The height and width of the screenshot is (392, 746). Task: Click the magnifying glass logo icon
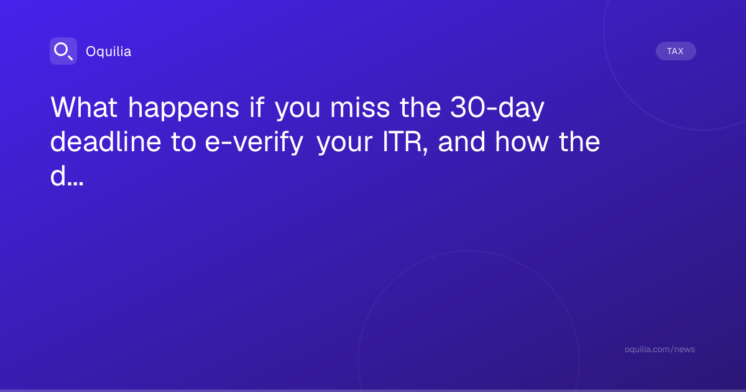63,51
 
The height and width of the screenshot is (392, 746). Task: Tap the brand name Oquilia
109,52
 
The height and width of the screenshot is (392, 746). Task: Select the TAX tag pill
676,51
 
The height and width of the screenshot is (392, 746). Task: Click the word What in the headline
83,107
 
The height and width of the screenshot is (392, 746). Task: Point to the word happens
184,109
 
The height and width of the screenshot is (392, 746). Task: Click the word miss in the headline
360,107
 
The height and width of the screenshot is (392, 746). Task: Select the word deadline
106,142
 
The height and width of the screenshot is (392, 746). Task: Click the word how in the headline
522,142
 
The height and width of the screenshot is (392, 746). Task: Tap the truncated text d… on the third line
67,175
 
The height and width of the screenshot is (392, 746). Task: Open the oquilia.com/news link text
660,349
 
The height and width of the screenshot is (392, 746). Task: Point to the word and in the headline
461,142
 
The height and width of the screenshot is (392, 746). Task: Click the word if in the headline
257,107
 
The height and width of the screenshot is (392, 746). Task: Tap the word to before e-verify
183,142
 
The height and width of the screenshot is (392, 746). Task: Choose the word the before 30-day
420,107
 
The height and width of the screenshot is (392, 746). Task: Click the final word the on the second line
579,142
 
